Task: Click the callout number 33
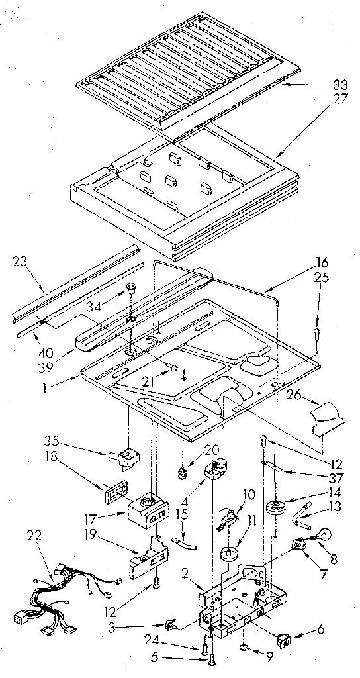tap(339, 84)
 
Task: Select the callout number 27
tap(339, 100)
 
